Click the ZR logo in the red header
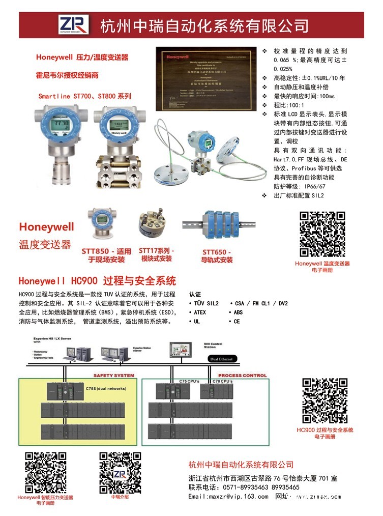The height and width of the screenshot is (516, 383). pos(73,24)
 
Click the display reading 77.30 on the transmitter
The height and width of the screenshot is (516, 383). pos(50,124)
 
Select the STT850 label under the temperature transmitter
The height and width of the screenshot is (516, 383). pos(106,255)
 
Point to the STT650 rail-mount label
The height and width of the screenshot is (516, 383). pos(217,256)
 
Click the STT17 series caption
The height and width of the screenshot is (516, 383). pos(156,254)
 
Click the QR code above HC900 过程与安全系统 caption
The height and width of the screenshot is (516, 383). pos(326,401)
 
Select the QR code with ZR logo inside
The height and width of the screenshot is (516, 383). pos(120,472)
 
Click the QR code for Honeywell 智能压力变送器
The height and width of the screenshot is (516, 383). pos(46,472)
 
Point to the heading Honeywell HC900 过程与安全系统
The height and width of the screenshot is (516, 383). pos(97,280)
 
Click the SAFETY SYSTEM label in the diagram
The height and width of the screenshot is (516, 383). pos(114,376)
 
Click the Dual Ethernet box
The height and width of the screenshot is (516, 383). pos(221,359)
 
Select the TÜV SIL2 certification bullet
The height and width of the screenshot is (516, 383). pos(205,303)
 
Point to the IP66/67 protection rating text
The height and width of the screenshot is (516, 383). pos(298,186)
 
